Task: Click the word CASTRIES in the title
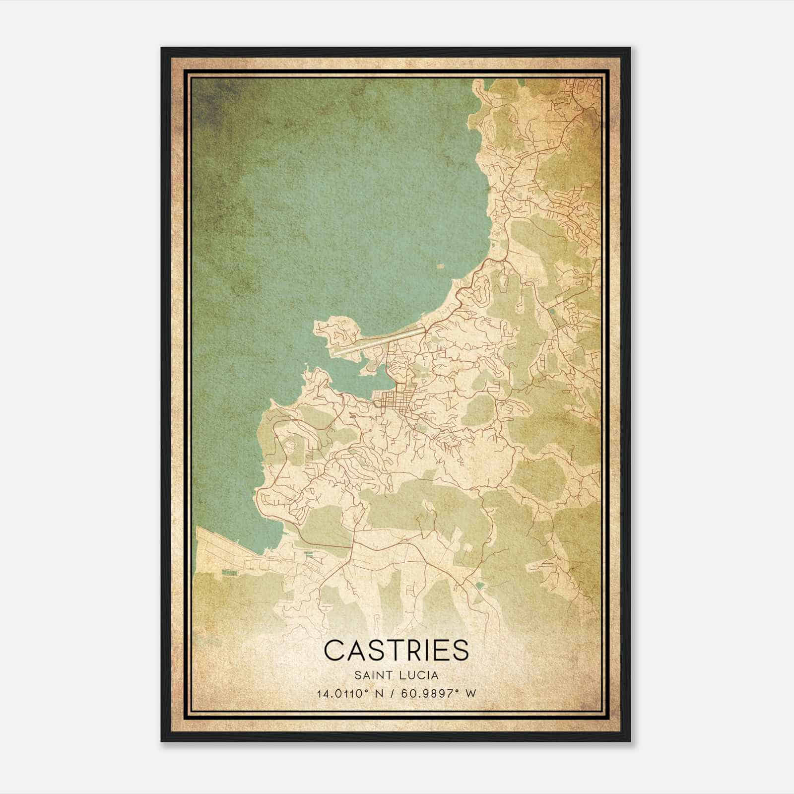396,650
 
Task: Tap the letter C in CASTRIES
333,650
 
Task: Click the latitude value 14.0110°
342,693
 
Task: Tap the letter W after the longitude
470,693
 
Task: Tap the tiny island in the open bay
441,266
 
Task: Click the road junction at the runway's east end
426,328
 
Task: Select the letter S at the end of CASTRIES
460,650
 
